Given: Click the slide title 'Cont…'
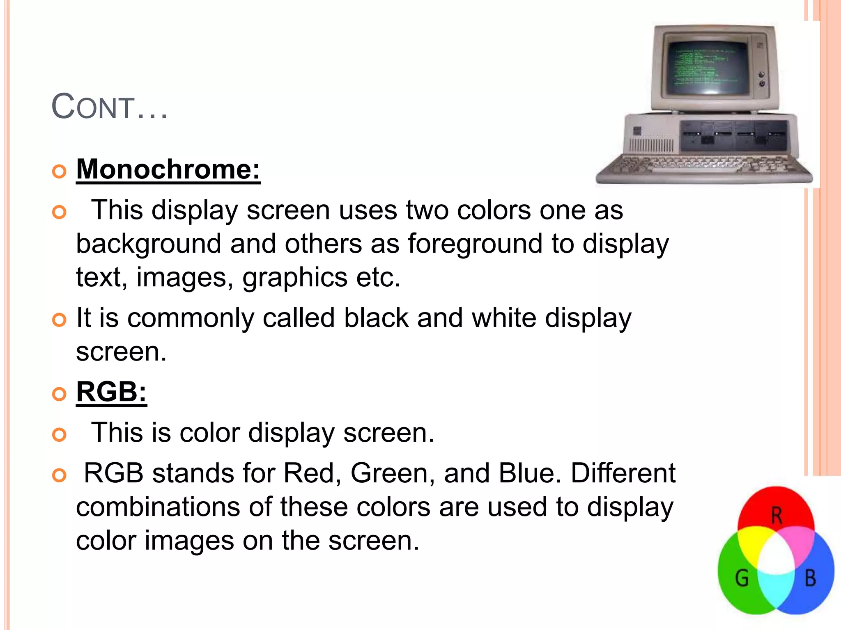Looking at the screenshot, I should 109,107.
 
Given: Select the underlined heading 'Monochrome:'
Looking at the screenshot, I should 168,169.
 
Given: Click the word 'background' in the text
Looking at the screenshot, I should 149,244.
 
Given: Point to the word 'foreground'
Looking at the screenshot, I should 475,244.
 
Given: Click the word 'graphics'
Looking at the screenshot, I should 295,277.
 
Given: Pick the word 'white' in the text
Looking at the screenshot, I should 504,318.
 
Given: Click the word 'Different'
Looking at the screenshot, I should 623,473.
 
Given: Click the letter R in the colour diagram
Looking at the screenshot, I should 776,516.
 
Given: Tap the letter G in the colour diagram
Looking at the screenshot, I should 742,578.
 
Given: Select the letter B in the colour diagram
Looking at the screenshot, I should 810,578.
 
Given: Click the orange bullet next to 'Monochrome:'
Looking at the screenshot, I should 60,171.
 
